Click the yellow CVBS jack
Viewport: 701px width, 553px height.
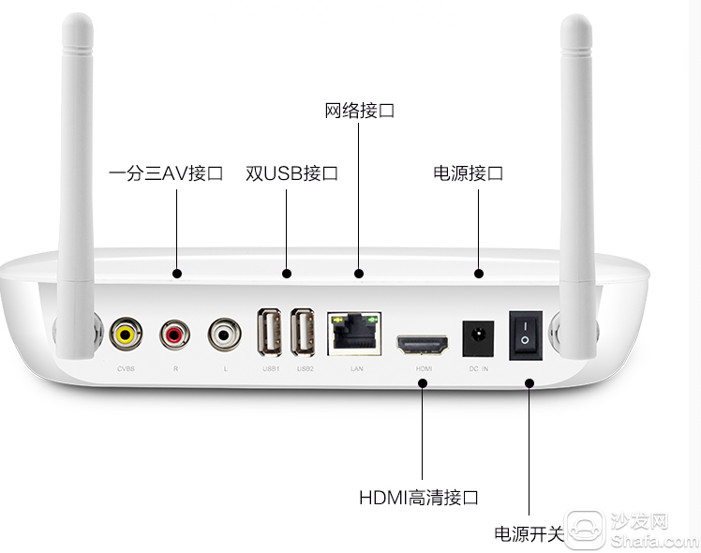[x=125, y=332]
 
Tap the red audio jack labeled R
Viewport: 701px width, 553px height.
[x=175, y=332]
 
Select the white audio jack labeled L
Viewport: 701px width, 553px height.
[x=225, y=332]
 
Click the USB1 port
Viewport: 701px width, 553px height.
[x=270, y=332]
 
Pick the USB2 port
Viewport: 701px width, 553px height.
[x=304, y=332]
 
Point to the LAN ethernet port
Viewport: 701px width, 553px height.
[x=355, y=333]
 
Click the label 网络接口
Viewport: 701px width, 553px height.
[x=360, y=111]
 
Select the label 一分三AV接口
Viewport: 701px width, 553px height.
[x=166, y=173]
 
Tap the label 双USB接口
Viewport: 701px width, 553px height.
[x=291, y=173]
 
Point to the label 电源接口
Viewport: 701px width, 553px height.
[x=469, y=173]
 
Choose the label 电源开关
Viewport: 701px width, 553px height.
[x=529, y=534]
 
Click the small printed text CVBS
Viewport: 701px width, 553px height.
[x=126, y=369]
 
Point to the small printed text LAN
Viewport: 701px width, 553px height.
[x=356, y=369]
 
